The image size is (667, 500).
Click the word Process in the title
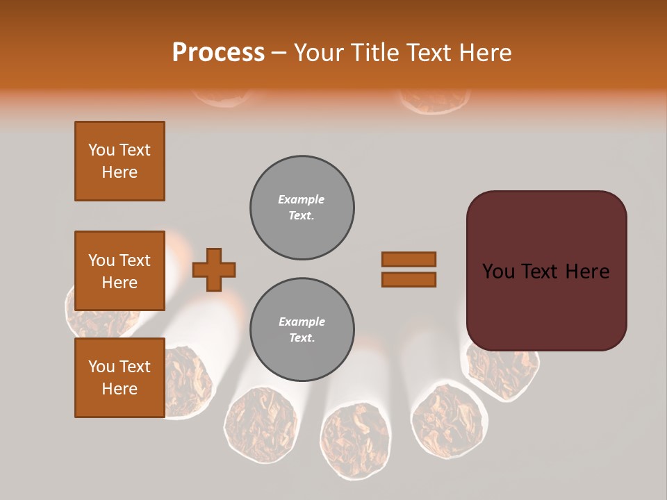coord(218,53)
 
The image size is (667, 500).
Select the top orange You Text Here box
coord(120,161)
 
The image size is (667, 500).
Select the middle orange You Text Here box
coord(120,271)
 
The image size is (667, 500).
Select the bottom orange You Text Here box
coord(120,378)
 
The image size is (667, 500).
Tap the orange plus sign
coord(214,269)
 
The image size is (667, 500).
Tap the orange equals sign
coord(409,269)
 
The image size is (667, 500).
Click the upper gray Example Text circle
coord(302,208)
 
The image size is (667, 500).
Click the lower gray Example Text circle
coord(302,330)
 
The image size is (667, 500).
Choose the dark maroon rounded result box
coord(546,271)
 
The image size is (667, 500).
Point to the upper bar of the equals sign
coord(409,259)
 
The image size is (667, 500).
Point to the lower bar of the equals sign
coord(409,280)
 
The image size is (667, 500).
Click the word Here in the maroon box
coord(587,272)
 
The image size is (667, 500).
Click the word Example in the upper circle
coord(302,199)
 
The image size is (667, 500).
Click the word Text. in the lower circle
coord(302,338)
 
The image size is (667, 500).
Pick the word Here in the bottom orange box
coord(120,389)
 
